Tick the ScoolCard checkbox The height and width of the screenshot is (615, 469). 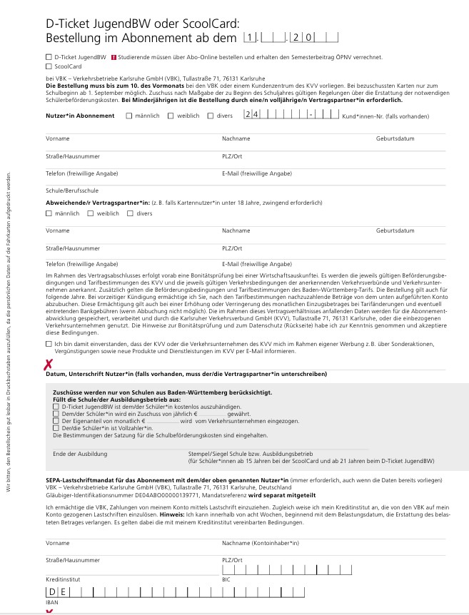[48, 66]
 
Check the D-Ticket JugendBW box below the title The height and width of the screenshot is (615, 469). [48, 56]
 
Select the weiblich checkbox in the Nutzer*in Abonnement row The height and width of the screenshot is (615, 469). [170, 115]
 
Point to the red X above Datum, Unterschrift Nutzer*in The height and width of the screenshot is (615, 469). [49, 365]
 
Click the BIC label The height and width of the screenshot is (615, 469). [226, 580]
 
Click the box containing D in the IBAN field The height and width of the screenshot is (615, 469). [51, 592]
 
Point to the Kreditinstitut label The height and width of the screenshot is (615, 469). [61, 580]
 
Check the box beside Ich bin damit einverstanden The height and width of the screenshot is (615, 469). [48, 344]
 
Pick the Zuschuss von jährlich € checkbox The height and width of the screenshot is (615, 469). [56, 414]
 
